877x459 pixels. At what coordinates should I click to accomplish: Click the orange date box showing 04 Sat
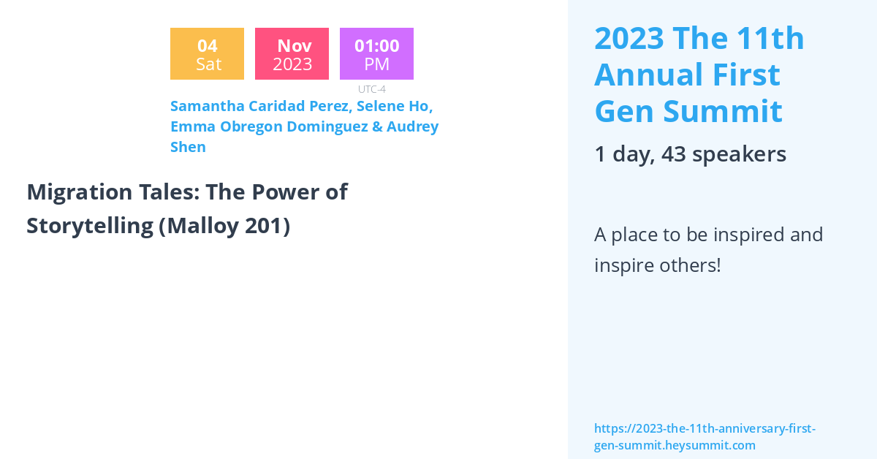207,53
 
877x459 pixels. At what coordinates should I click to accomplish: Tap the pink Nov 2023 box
292,53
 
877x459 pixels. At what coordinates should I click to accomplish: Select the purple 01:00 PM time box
376,53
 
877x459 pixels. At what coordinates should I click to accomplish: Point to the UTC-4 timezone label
372,89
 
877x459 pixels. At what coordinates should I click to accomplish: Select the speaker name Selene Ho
394,106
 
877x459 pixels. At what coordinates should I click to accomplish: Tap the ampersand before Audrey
377,126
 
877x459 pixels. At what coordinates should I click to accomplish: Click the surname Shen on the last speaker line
188,147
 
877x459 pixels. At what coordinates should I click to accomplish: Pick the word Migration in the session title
80,192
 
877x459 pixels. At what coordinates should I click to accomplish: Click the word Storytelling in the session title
90,226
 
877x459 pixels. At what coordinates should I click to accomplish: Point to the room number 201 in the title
263,226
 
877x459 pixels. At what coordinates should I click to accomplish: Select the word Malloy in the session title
202,227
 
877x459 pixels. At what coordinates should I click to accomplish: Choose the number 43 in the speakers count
673,154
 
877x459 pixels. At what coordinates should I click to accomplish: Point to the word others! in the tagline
690,265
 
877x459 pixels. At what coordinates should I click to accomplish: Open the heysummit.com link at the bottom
705,436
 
